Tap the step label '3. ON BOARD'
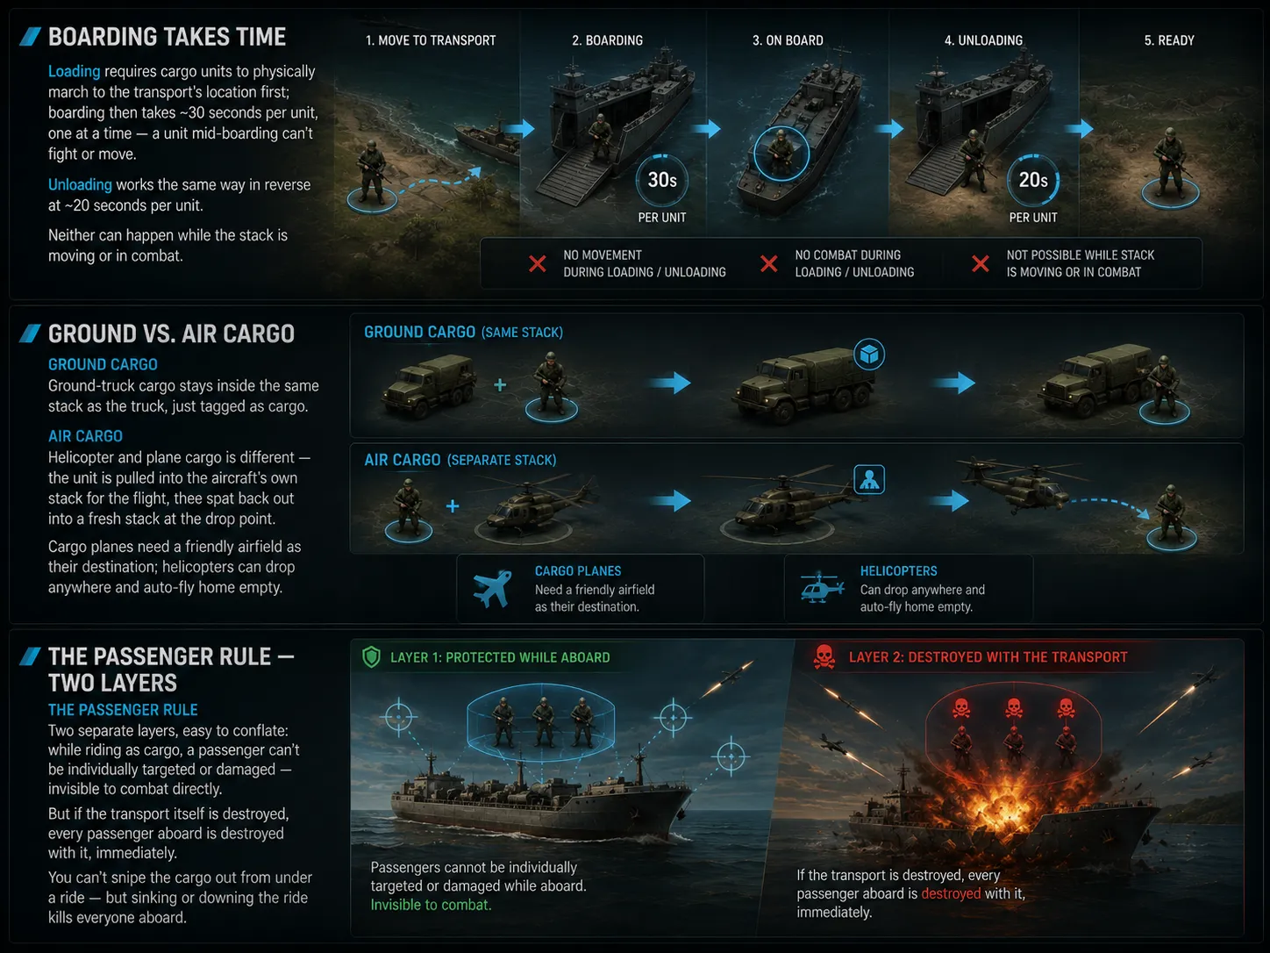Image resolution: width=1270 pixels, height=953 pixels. point(788,40)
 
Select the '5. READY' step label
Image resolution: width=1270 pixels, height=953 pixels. point(1169,40)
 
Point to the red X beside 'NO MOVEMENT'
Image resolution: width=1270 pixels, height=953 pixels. point(538,264)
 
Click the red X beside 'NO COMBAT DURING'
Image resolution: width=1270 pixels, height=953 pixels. point(769,264)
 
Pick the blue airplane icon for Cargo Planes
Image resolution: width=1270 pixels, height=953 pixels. point(492,589)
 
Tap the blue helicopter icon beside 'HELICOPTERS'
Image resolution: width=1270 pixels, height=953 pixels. point(822,589)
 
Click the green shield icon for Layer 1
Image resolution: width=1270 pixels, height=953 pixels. point(372,657)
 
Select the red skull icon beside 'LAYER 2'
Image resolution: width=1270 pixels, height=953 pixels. point(824,657)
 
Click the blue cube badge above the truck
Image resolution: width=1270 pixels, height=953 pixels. point(869,355)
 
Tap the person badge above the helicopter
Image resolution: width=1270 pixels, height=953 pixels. point(869,480)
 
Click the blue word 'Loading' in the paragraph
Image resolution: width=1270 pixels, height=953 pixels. point(74,71)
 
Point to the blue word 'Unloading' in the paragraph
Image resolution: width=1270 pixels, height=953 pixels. point(80,184)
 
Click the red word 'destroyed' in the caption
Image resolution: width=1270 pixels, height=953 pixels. point(951,893)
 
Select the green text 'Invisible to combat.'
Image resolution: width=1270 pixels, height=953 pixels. point(431,905)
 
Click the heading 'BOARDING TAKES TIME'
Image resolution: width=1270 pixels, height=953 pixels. point(168,37)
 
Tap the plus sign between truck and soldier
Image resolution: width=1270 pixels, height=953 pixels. point(501,384)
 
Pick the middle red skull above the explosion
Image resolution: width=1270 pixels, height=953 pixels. point(1013,707)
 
